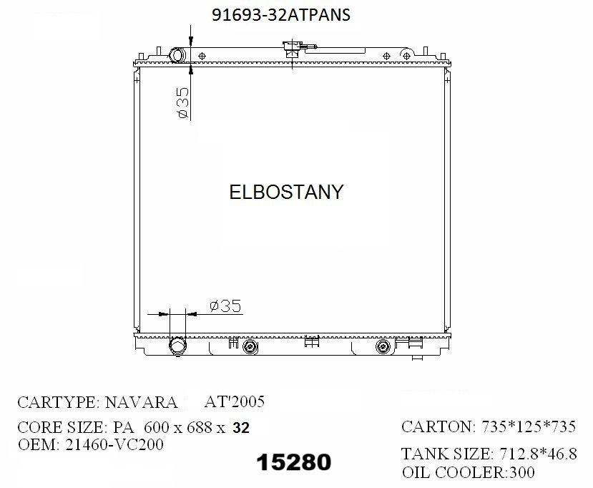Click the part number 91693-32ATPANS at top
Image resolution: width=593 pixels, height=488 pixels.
[281, 15]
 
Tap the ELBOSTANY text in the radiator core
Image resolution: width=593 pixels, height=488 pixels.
[286, 192]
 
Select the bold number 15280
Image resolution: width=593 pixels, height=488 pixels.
[294, 462]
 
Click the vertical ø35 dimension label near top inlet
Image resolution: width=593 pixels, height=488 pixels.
[182, 102]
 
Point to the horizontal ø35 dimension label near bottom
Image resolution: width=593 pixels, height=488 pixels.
[225, 306]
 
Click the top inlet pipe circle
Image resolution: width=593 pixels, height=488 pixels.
[177, 56]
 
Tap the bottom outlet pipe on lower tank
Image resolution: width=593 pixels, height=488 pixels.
[177, 346]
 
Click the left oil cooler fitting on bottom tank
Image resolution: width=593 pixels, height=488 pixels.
[249, 346]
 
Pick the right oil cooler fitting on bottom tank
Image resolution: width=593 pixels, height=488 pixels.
[383, 346]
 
